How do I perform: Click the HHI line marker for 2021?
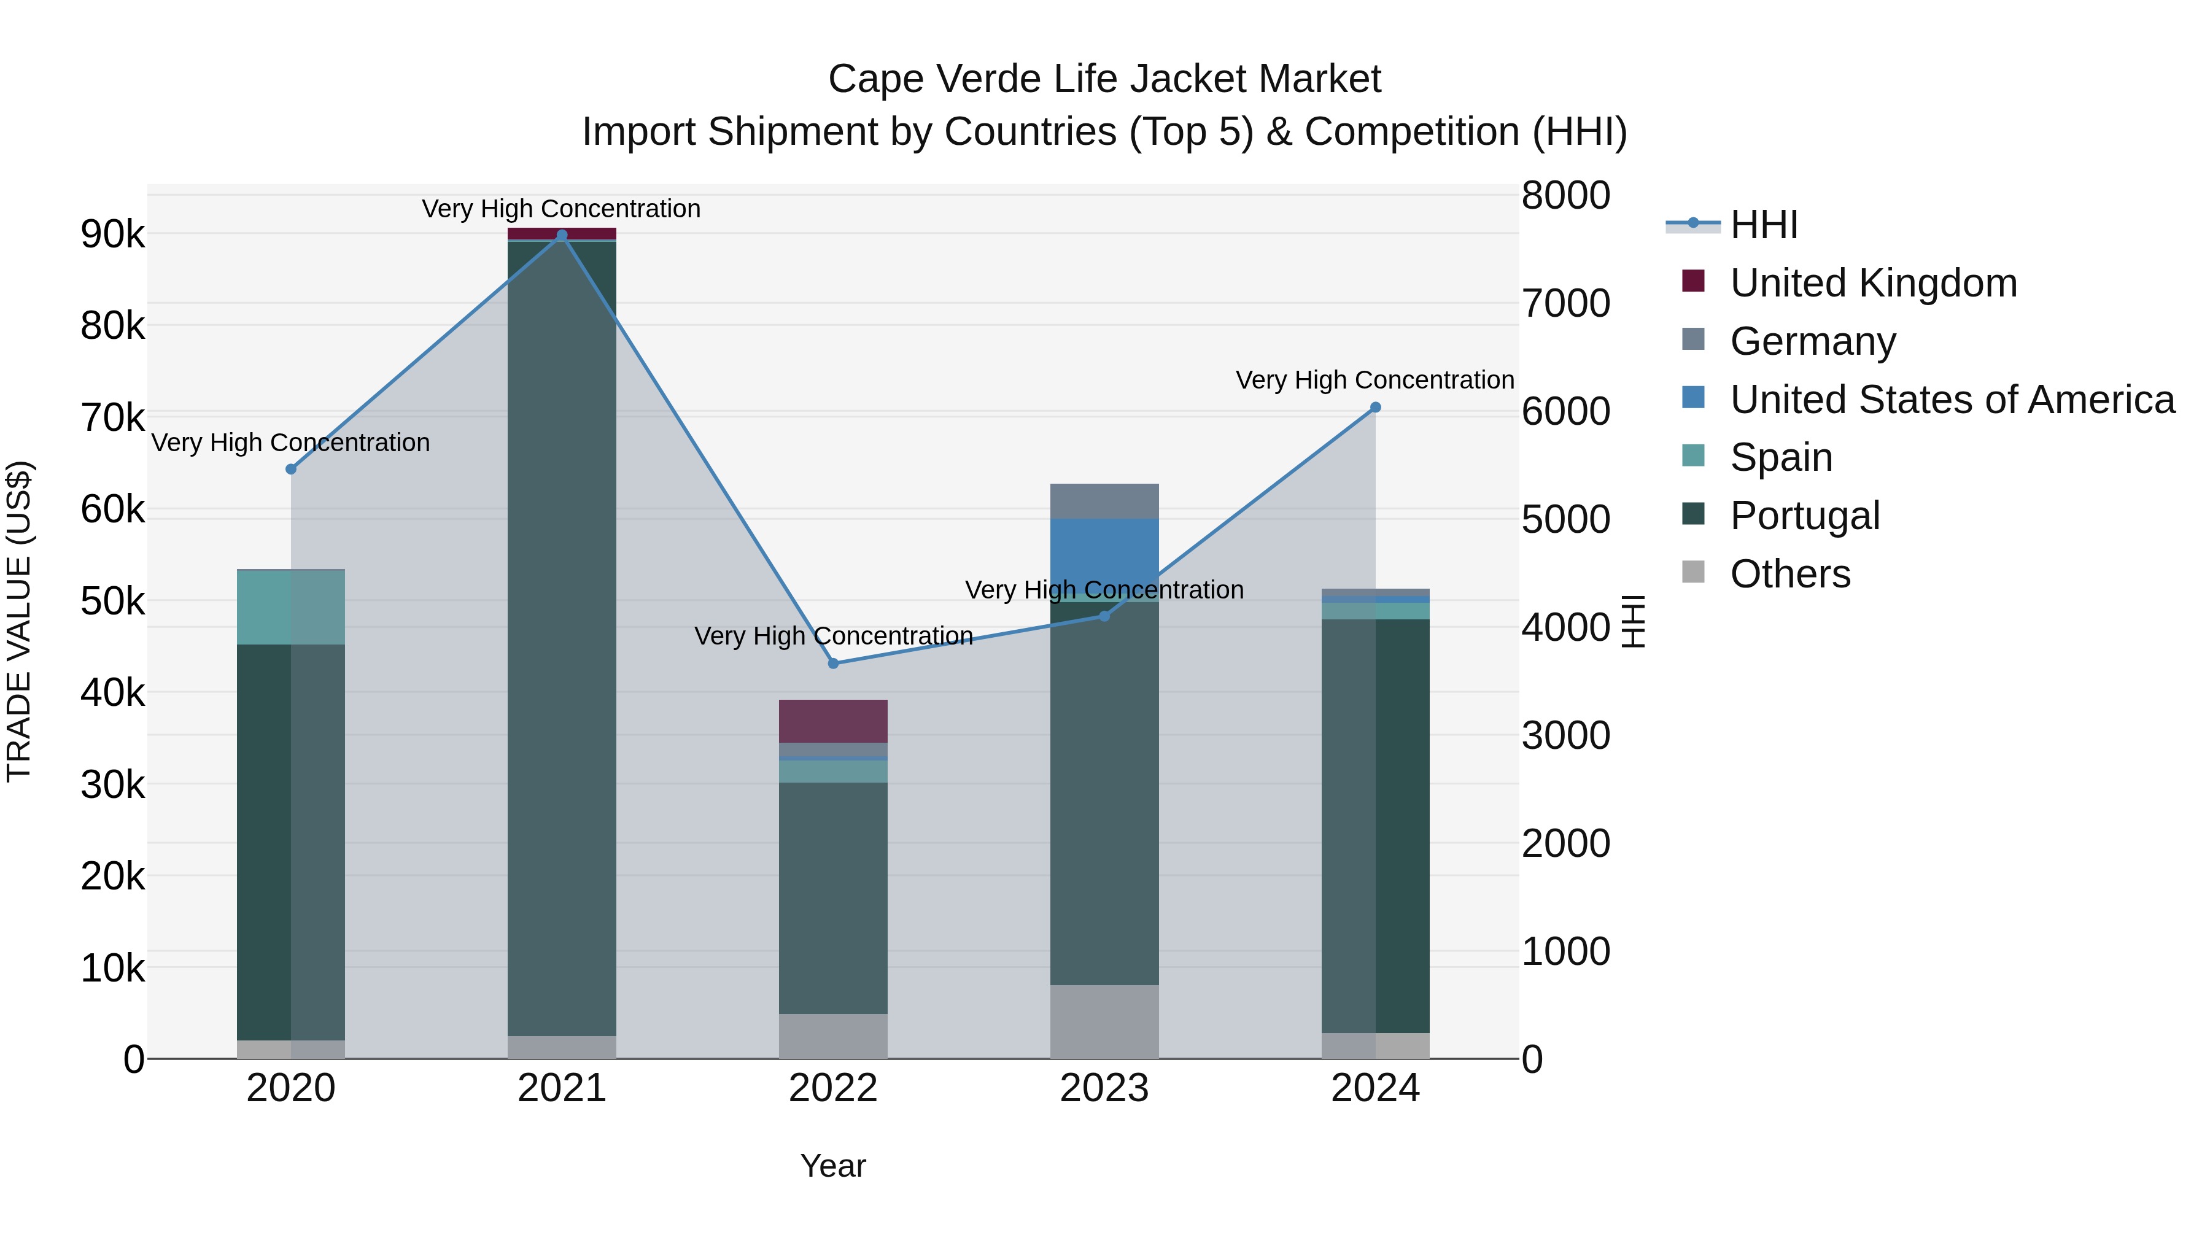click(562, 235)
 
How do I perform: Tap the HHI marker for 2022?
click(833, 663)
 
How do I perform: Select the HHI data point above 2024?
click(1375, 408)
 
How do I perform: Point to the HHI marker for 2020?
click(291, 469)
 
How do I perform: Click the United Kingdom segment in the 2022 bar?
click(833, 721)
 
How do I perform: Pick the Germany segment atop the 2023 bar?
click(1104, 501)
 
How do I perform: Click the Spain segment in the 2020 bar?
click(291, 607)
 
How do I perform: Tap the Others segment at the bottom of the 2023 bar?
click(1104, 1021)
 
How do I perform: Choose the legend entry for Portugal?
click(1804, 516)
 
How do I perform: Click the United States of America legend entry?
click(1952, 400)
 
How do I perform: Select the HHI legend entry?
click(1763, 225)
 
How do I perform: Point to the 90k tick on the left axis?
click(112, 234)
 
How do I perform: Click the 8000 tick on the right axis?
click(1565, 196)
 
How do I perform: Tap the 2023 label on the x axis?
click(1104, 1088)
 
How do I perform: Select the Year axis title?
click(833, 1166)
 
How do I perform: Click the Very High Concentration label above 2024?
click(1374, 380)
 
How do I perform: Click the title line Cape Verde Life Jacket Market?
click(1104, 79)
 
